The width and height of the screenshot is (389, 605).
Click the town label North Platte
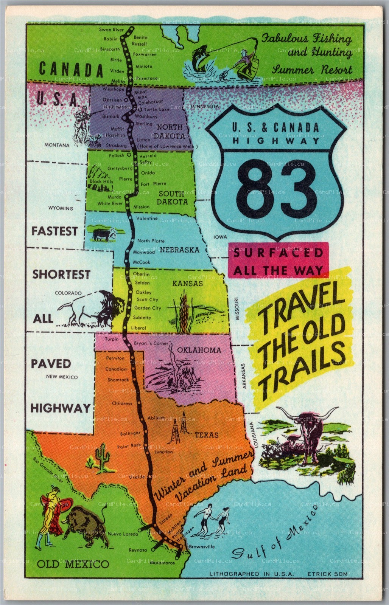click(151, 240)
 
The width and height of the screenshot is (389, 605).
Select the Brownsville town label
click(202, 546)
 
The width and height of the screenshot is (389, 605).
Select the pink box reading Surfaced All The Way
click(278, 261)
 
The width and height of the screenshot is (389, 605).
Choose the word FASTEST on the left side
click(54, 231)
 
